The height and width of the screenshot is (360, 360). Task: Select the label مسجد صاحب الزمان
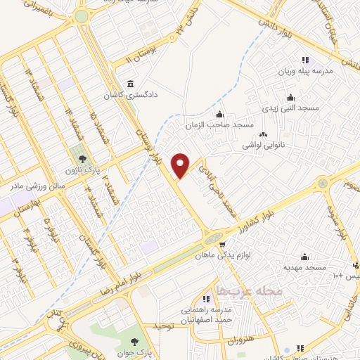pyautogui.click(x=219, y=125)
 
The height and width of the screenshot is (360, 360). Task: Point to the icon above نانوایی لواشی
pyautogui.click(x=264, y=134)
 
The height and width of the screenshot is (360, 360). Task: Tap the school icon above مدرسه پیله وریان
pyautogui.click(x=304, y=60)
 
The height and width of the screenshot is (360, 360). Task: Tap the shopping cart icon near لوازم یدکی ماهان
pyautogui.click(x=221, y=246)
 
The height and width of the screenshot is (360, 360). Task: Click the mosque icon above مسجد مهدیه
pyautogui.click(x=304, y=257)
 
